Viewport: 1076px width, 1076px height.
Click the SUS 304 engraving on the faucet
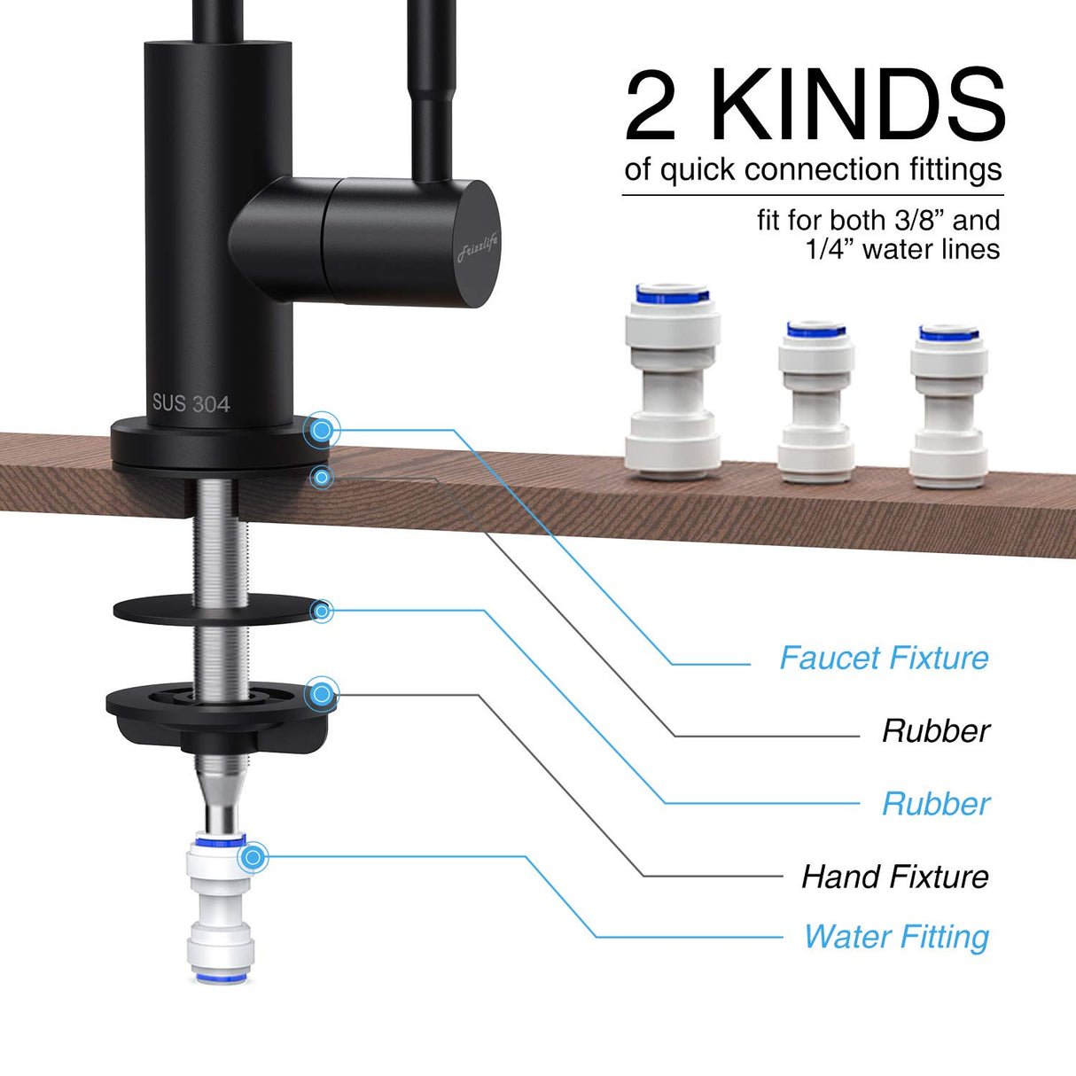(x=191, y=403)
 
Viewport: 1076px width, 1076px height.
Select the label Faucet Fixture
(x=884, y=658)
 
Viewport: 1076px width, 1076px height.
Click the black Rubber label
(x=936, y=731)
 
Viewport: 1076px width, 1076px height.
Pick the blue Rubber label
(x=936, y=804)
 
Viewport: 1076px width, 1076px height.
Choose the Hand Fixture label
(x=895, y=877)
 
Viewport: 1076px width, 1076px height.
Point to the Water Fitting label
(x=896, y=937)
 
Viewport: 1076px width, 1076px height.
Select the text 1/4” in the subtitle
(x=830, y=249)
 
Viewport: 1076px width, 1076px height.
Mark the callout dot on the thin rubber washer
(x=323, y=611)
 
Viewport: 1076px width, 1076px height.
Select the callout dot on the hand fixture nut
(x=322, y=693)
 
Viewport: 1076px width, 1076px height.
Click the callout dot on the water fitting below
(x=254, y=857)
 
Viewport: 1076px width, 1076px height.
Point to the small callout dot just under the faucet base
(x=322, y=477)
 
